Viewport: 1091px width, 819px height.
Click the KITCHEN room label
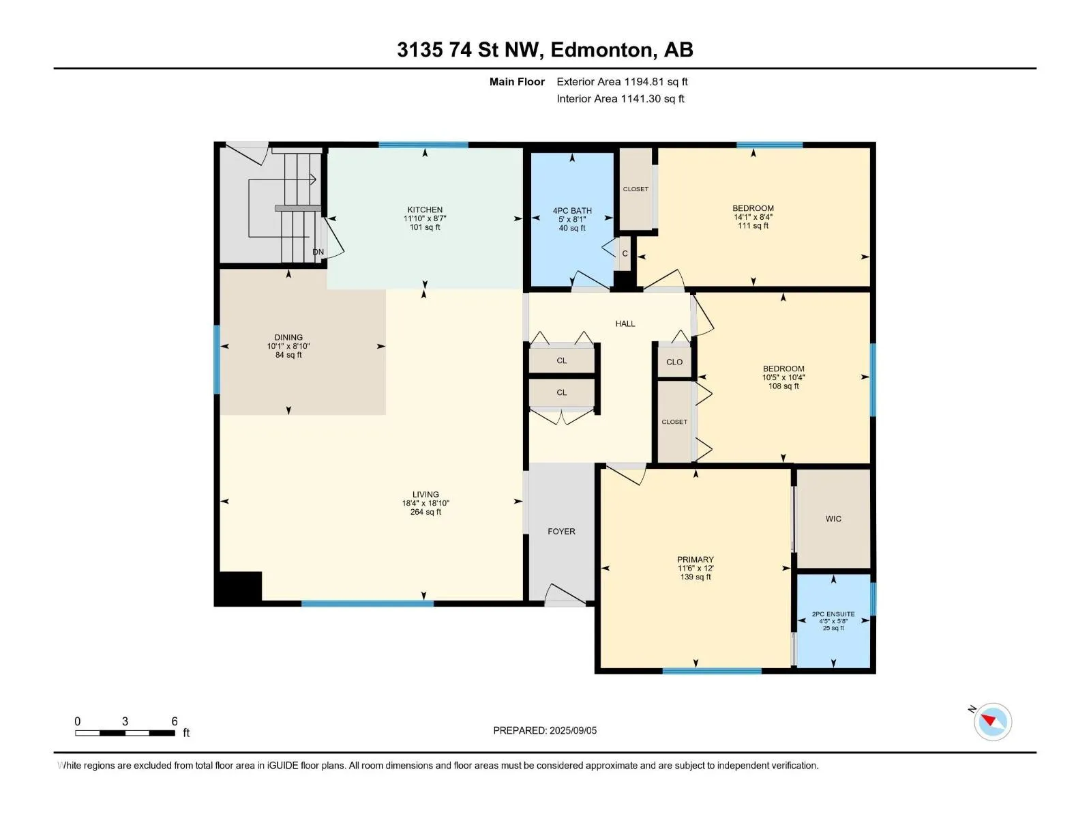425,210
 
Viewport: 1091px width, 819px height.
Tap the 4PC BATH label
572,211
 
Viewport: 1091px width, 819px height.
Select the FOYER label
561,532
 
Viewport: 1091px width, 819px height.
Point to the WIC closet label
833,519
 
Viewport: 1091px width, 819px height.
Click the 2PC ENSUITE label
833,614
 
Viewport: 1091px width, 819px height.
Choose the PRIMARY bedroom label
695,560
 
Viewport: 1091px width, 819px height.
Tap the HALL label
625,324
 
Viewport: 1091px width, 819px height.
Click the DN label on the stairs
318,252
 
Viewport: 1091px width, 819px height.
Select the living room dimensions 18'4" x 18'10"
425,503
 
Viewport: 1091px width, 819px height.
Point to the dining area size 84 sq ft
288,355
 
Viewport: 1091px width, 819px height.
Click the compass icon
992,721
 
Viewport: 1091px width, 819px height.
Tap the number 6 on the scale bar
175,721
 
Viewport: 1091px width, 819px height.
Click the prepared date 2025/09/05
573,730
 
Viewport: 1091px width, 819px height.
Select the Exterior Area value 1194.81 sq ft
655,81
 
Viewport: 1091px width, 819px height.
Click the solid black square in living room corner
239,588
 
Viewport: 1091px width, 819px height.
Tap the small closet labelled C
625,254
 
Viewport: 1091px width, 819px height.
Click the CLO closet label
674,362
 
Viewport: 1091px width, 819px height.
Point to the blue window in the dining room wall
217,360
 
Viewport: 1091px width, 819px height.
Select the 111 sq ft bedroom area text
753,226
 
